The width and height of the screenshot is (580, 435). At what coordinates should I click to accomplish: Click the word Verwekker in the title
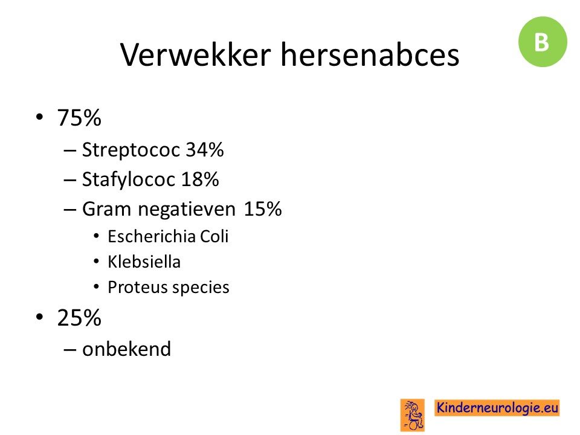(196, 54)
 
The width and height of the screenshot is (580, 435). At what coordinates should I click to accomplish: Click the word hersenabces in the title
(370, 54)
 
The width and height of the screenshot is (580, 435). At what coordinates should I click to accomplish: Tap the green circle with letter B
(543, 42)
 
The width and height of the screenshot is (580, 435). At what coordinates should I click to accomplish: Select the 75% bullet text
(79, 118)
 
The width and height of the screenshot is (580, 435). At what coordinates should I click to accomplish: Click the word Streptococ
(131, 150)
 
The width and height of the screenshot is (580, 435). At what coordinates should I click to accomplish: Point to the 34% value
(205, 150)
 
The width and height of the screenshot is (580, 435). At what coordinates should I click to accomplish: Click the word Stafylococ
(128, 179)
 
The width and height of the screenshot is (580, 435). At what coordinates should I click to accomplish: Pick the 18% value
(200, 179)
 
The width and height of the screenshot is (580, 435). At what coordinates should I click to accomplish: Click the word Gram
(106, 209)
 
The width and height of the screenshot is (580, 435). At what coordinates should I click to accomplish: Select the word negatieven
(187, 210)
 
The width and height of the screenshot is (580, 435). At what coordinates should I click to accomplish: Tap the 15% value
(263, 209)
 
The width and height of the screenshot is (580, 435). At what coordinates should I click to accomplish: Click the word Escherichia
(151, 236)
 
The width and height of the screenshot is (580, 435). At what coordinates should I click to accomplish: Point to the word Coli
(214, 236)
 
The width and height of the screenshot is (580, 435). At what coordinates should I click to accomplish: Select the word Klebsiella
(144, 262)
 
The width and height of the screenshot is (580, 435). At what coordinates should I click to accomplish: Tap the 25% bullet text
(79, 318)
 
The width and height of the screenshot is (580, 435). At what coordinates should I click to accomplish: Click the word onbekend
(126, 349)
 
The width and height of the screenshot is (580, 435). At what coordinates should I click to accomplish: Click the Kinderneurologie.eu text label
(497, 408)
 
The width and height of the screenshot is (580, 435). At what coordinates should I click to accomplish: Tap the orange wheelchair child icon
(413, 415)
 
